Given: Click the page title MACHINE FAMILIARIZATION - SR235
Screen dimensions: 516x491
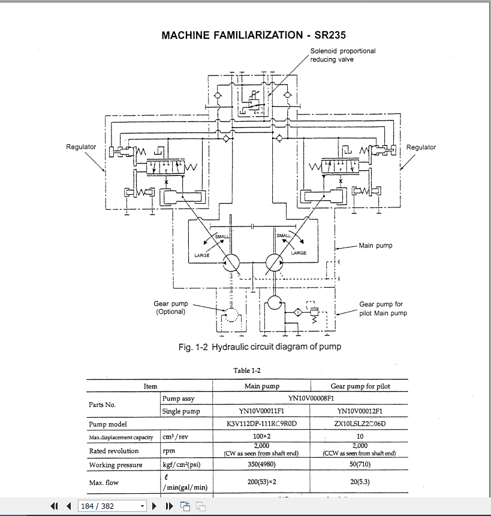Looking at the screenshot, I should [x=254, y=35].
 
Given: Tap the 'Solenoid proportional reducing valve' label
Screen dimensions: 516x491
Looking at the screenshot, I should [x=342, y=55].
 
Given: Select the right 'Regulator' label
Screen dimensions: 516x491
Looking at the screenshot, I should [x=421, y=147].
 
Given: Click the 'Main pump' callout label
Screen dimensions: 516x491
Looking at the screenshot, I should [x=375, y=245].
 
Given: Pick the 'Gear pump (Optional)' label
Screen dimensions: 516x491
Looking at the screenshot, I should [x=170, y=307].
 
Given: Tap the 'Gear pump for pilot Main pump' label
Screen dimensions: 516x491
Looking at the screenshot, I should [x=383, y=309].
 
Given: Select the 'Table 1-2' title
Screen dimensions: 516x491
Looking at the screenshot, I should [x=246, y=370].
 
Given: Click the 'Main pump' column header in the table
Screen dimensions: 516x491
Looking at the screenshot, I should [x=262, y=387].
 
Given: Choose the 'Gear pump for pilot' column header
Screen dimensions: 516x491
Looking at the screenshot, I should [x=360, y=387].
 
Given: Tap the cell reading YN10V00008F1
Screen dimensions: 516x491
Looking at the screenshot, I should [x=311, y=399].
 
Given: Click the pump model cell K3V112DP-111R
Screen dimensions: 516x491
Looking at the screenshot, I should [x=263, y=424].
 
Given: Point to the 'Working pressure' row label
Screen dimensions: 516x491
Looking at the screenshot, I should [x=116, y=465].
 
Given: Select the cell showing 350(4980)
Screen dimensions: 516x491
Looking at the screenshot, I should [x=262, y=465].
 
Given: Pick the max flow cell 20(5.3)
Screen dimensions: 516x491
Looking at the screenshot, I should [x=360, y=482].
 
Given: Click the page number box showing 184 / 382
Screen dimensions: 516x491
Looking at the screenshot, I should [x=112, y=506].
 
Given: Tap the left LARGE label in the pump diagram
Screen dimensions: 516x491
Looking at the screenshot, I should [x=202, y=255].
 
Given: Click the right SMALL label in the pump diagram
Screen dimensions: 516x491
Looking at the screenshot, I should [x=284, y=236].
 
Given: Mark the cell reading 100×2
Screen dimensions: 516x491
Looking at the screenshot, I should [x=262, y=437].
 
